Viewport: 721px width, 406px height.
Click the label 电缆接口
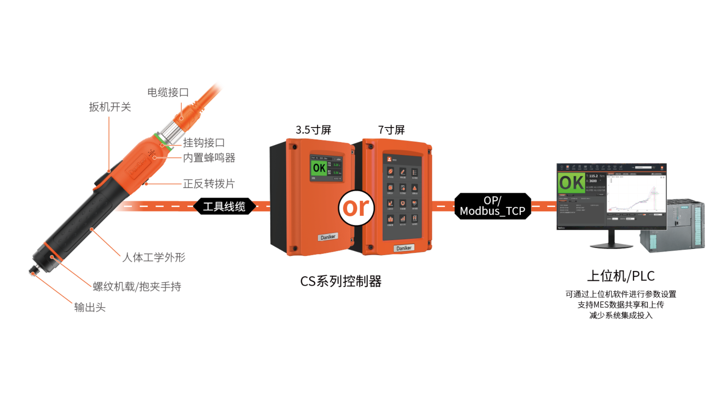point(168,92)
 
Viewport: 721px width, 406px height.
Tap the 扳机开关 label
point(110,107)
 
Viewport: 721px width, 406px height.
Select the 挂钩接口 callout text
point(204,143)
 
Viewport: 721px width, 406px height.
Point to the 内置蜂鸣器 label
point(209,158)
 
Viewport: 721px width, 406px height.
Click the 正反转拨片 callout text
point(209,184)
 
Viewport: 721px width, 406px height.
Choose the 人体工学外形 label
point(154,258)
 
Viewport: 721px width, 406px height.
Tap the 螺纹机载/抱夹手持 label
point(137,287)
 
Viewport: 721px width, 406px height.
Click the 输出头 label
point(90,308)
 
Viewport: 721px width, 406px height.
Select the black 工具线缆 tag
point(224,206)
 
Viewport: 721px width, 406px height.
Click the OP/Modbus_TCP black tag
point(492,206)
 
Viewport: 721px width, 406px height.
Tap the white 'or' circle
point(356,208)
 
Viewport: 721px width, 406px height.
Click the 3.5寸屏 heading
point(313,130)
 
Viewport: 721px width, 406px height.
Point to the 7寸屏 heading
point(391,130)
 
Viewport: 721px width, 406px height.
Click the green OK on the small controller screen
point(319,168)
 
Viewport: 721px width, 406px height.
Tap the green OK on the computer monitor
point(571,183)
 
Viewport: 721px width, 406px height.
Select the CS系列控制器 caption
point(341,281)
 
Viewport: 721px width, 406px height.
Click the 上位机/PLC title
point(621,276)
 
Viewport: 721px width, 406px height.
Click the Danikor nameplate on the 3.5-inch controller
point(328,237)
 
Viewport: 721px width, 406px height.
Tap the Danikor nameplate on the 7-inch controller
point(404,248)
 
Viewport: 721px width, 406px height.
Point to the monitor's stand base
point(611,245)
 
